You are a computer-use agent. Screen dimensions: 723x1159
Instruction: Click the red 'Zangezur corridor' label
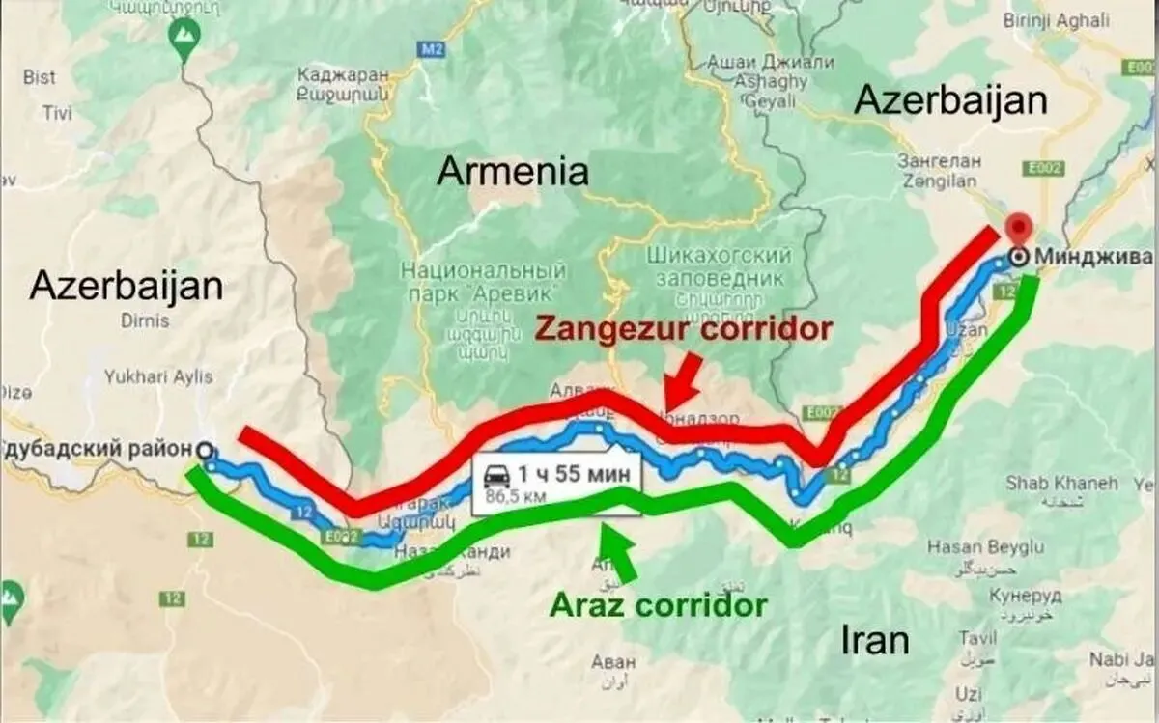click(683, 329)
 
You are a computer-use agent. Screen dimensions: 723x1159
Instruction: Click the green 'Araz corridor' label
click(658, 605)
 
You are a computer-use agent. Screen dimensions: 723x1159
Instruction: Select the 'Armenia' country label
click(512, 172)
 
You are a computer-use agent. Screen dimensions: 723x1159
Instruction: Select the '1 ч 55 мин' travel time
click(574, 474)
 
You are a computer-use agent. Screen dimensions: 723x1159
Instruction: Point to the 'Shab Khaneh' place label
click(1061, 482)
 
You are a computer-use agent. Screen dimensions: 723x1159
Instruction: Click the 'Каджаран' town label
click(343, 73)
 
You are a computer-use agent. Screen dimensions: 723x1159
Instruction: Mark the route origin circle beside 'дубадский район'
click(204, 450)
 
